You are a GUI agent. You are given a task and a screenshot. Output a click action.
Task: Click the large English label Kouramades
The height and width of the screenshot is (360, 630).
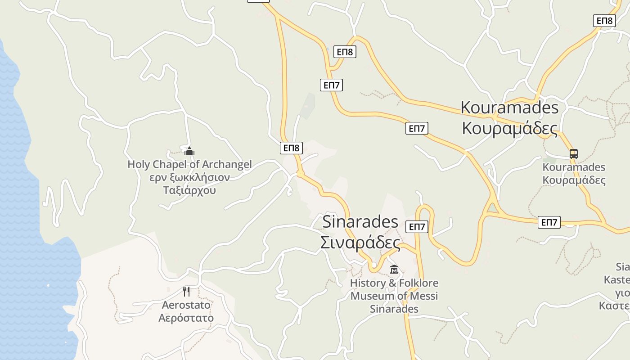(509, 108)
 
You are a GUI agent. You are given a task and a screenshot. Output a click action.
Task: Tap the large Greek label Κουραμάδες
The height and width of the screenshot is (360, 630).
(509, 128)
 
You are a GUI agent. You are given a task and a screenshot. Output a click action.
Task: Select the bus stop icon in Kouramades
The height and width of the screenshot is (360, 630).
(573, 153)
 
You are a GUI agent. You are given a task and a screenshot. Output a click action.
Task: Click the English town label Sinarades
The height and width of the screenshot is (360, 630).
(360, 222)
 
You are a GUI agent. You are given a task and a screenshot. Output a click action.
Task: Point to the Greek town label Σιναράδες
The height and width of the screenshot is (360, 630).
(360, 243)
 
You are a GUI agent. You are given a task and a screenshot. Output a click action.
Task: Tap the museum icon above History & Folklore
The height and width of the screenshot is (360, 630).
(394, 270)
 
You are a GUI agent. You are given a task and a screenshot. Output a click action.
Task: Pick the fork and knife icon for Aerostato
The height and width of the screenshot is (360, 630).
(186, 291)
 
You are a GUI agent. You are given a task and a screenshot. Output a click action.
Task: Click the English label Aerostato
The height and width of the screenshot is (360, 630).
(186, 305)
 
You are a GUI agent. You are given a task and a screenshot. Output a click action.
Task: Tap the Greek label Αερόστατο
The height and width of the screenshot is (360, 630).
(186, 318)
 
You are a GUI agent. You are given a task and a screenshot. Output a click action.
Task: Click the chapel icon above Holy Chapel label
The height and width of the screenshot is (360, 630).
(189, 151)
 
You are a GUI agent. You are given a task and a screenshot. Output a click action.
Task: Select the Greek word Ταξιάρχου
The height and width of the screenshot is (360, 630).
(189, 190)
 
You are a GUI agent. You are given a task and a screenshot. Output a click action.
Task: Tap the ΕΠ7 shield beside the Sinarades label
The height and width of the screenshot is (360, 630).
(417, 227)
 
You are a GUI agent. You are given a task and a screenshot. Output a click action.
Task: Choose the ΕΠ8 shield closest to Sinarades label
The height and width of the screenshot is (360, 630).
(291, 148)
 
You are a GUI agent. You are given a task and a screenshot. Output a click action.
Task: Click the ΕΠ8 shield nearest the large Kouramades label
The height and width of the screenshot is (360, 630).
(604, 21)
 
